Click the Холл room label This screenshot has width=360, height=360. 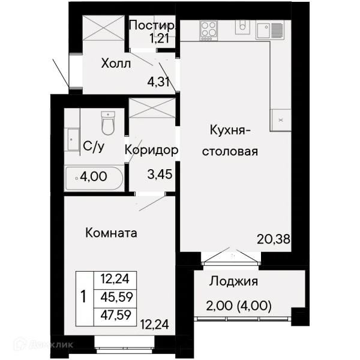pos(116,64)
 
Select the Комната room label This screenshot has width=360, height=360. pos(111,233)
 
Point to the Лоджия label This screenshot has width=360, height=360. pos(233,281)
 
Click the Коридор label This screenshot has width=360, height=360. pos(151,150)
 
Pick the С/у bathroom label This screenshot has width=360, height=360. pos(94,146)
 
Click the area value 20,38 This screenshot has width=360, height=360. pos(274,239)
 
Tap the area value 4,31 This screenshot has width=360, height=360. pos(158,82)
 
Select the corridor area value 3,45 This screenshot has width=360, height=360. pos(160,175)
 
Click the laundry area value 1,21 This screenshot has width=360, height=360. pos(160,38)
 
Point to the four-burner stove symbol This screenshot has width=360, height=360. pos(208,31)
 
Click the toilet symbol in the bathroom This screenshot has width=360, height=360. pos(108,123)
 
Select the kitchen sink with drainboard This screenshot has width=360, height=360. pos(270,30)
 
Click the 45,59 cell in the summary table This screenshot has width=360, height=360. pos(117,298)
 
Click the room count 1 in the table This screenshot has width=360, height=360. pos(83,296)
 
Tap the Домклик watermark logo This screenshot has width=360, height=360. pos(43,344)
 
